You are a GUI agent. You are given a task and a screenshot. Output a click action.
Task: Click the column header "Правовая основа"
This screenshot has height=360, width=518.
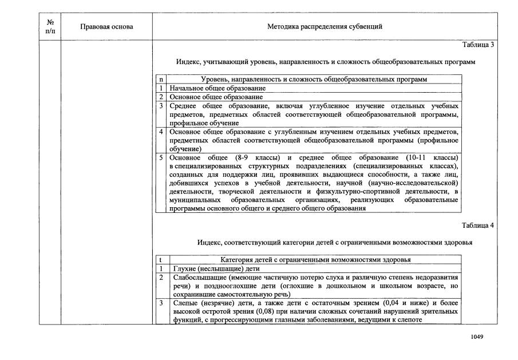click(x=107, y=27)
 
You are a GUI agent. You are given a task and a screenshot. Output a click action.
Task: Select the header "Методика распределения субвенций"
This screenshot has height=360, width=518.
click(x=325, y=27)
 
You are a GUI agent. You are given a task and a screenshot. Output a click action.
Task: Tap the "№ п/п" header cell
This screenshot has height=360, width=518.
click(x=50, y=27)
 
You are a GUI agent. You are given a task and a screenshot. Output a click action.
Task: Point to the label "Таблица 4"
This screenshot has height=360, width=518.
click(x=477, y=225)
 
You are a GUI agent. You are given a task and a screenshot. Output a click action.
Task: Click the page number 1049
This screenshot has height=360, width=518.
click(x=477, y=337)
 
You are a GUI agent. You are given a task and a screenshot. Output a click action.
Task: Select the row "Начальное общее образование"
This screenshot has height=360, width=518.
click(x=218, y=89)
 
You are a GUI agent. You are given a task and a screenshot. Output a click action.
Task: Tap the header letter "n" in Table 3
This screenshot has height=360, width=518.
click(x=161, y=80)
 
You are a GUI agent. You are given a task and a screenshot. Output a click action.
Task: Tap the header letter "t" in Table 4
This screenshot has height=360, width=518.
click(x=161, y=260)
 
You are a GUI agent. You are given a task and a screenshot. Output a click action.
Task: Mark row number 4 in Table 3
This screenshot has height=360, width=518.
click(x=161, y=132)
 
